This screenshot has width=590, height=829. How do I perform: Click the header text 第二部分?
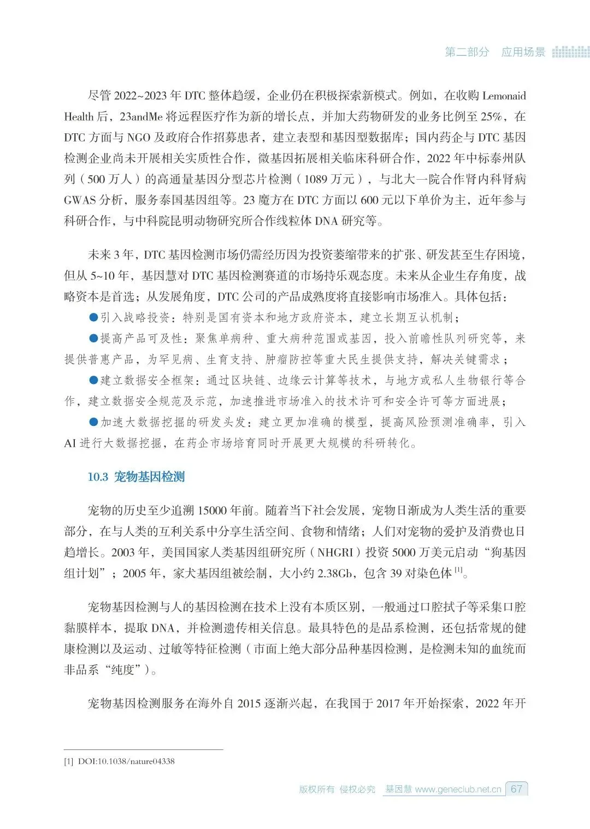[467, 52]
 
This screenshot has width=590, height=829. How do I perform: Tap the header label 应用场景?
[523, 52]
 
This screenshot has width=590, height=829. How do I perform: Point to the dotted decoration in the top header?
[570, 52]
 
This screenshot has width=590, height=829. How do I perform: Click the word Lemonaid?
[504, 96]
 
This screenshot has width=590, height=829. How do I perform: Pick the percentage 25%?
[491, 116]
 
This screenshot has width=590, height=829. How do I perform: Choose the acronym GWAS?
[80, 200]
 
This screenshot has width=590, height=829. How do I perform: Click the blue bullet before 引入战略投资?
[93, 317]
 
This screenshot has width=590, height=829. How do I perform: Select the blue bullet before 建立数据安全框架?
[93, 380]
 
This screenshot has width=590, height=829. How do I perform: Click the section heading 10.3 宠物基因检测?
[136, 477]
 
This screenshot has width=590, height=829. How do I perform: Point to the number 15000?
[212, 510]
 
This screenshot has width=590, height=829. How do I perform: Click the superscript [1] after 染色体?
[459, 570]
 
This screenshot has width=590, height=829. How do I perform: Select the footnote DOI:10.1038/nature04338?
[126, 761]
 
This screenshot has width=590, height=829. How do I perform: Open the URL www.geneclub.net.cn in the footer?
[458, 789]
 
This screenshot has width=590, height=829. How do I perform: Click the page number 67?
[516, 789]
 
